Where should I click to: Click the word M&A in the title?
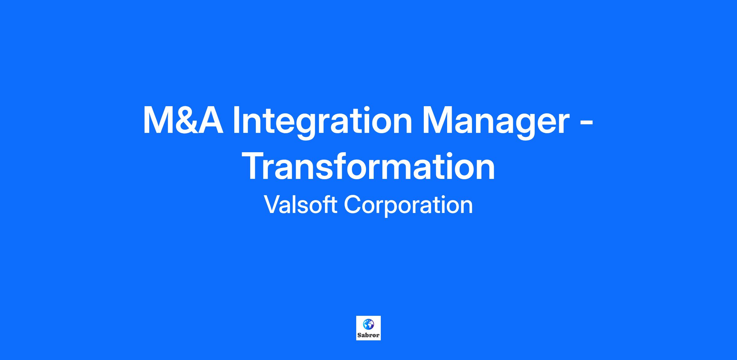(183, 120)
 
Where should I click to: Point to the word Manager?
(497, 122)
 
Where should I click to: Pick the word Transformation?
(368, 166)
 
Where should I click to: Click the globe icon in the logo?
(368, 324)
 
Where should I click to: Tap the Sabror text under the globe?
(368, 335)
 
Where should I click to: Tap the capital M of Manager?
(438, 120)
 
